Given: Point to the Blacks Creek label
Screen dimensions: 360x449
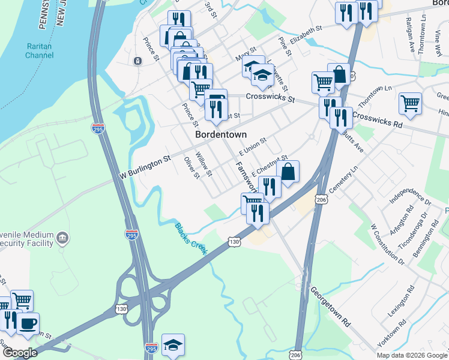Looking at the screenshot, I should pos(191,238).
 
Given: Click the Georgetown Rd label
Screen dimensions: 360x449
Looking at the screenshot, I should pos(330,307).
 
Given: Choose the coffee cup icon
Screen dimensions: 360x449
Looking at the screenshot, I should pos(27,323).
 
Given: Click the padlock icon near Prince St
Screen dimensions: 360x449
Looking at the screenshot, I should pos(137,61).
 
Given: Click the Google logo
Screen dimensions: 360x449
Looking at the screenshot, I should pos(19,353).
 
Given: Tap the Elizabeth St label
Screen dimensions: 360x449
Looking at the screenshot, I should pos(306,34).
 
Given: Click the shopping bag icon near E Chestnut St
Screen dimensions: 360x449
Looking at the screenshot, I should pos(288,171).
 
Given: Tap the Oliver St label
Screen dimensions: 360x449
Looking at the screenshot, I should pos(191,167).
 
